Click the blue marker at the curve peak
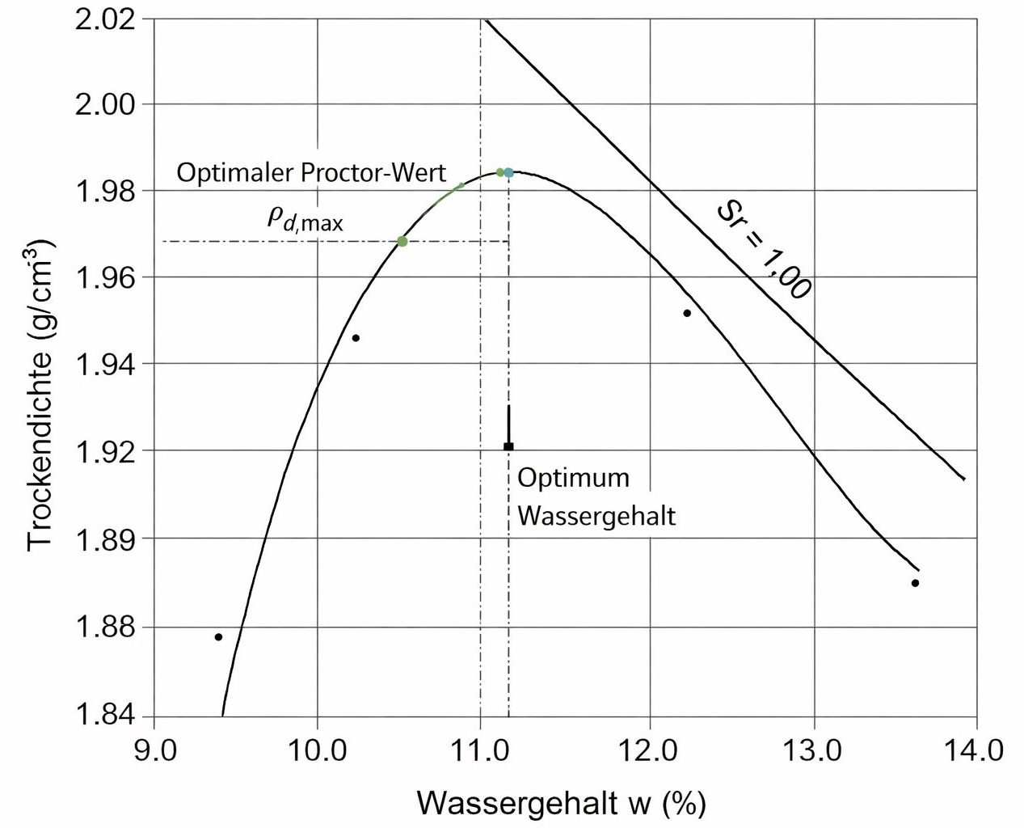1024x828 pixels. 508,172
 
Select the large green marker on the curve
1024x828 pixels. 402,241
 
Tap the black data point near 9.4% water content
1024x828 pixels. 218,637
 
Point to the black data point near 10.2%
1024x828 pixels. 356,338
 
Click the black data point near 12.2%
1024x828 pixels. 687,313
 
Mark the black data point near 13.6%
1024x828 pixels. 915,583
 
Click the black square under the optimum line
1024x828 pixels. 508,446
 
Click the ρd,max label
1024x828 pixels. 306,218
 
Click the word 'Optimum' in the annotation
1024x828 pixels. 573,478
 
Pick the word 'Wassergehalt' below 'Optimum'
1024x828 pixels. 596,515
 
